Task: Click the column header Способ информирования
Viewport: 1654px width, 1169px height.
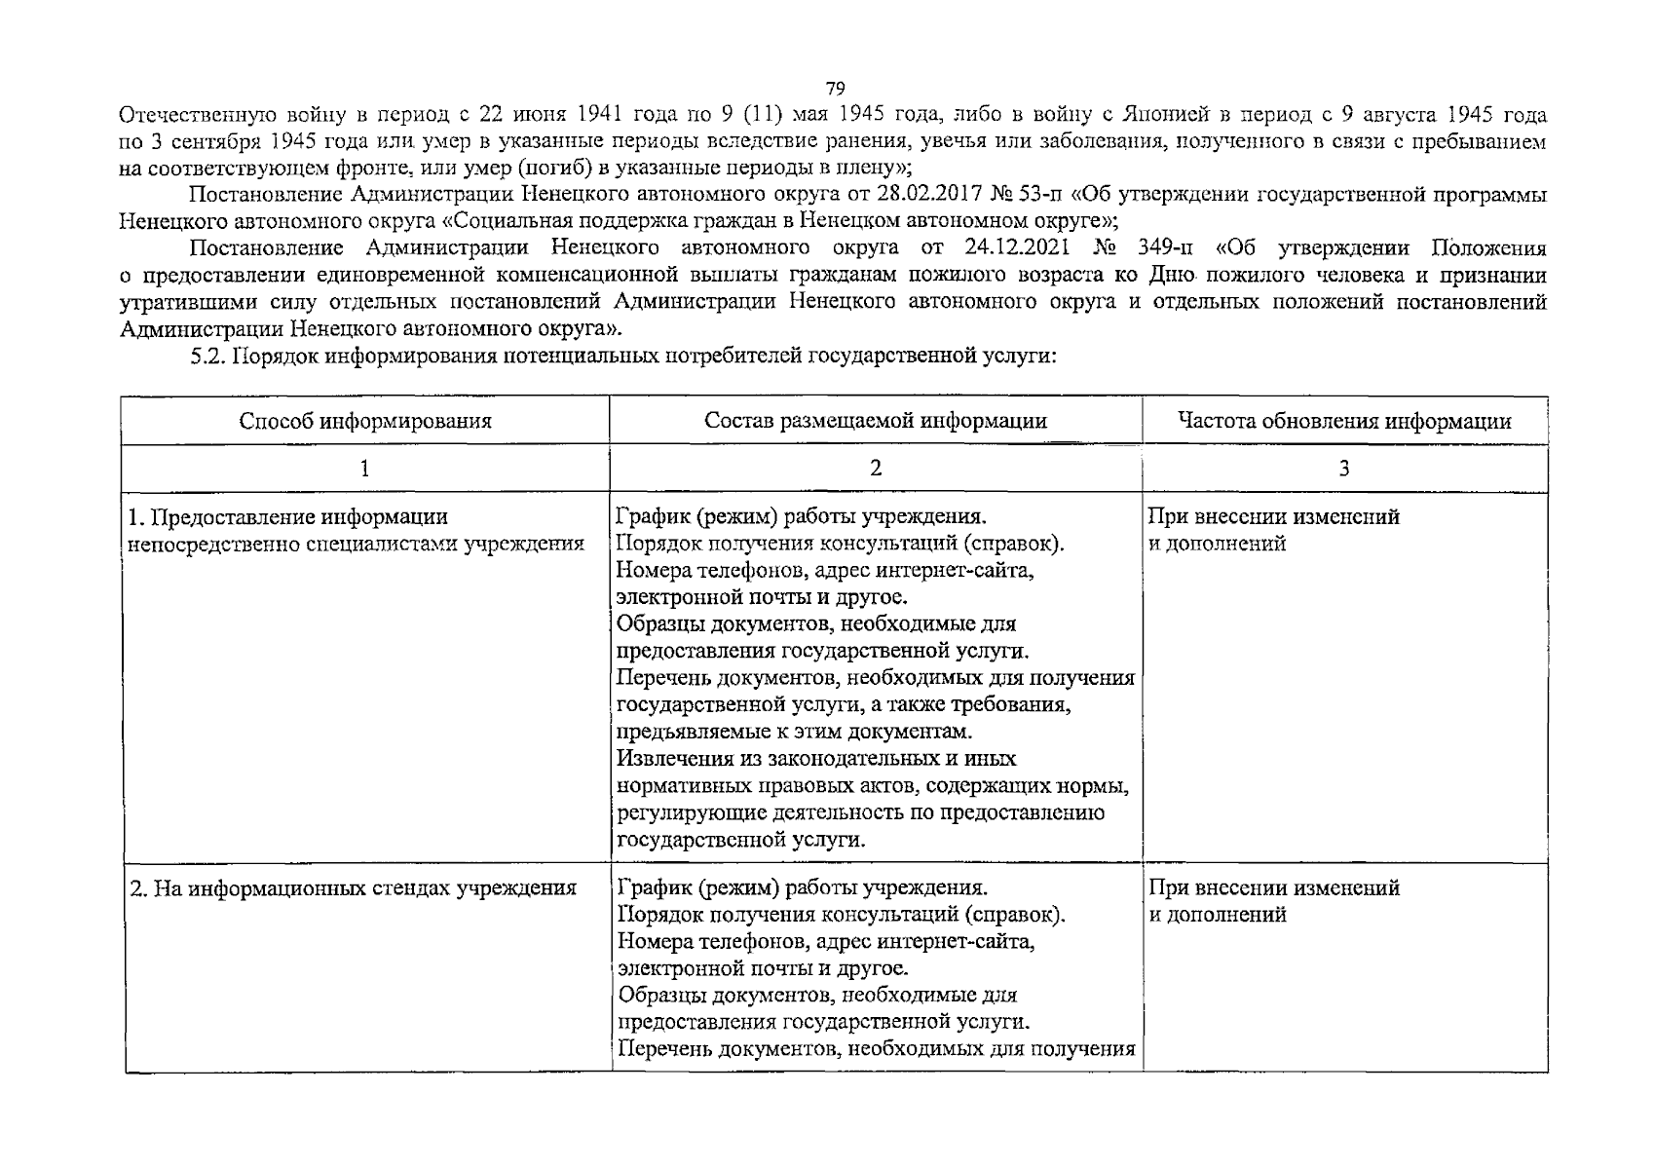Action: pos(365,421)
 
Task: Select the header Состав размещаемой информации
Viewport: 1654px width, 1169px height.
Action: pos(876,421)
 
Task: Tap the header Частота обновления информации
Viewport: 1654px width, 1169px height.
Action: pos(1344,421)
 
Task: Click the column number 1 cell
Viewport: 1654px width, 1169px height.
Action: pos(364,469)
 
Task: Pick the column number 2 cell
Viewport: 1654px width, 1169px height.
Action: pos(876,469)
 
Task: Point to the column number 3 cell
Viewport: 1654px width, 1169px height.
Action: pos(1344,469)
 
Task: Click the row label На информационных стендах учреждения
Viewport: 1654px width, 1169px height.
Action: pos(354,888)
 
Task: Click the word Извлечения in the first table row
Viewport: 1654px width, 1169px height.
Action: pos(671,759)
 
